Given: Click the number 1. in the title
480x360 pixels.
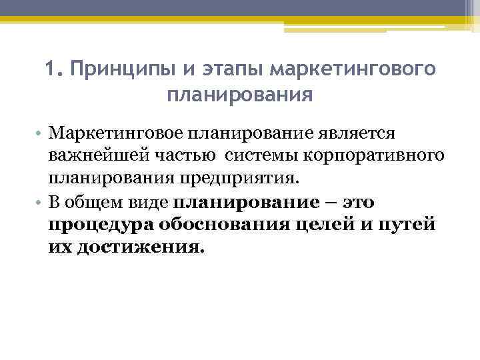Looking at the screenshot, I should [x=54, y=69].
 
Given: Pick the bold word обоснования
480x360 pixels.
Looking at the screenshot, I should [x=221, y=225].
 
